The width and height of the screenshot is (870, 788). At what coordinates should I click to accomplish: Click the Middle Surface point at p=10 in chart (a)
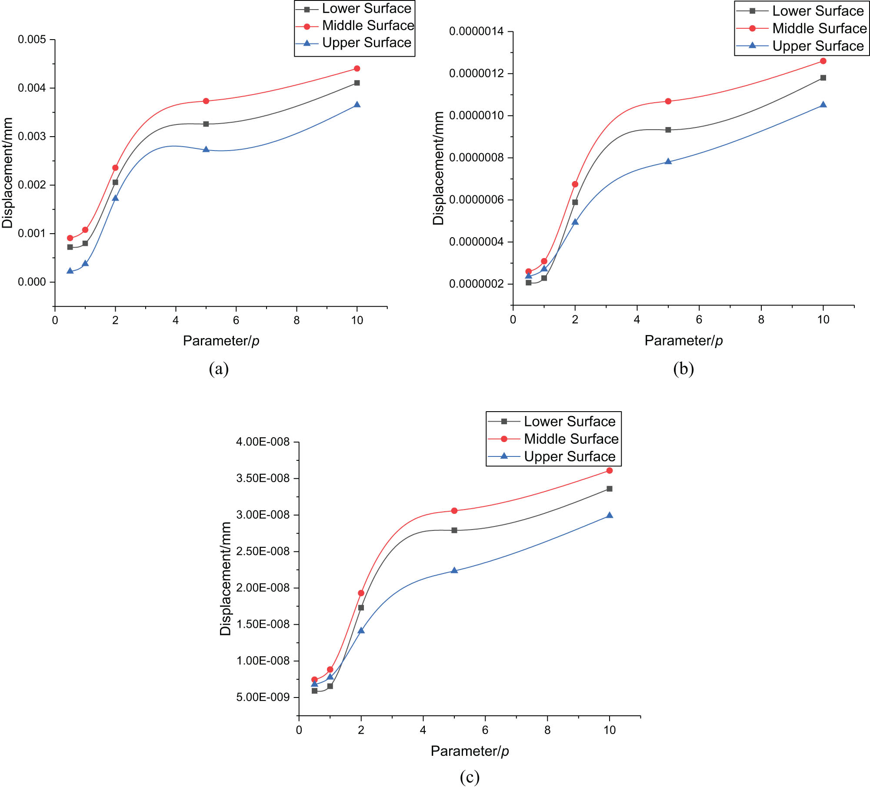[357, 68]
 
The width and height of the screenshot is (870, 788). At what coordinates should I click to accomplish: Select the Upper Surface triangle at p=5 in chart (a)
[206, 149]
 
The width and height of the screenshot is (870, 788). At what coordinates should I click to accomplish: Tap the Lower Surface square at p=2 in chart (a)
[115, 182]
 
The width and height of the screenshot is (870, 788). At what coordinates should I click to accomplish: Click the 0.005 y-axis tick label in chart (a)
[31, 40]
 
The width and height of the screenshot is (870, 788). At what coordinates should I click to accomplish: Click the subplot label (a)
[219, 369]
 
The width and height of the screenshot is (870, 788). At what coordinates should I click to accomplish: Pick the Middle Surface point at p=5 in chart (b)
[668, 101]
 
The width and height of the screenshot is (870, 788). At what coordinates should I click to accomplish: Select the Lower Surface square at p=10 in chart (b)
[823, 78]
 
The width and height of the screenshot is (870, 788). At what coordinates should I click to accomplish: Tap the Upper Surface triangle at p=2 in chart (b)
[575, 222]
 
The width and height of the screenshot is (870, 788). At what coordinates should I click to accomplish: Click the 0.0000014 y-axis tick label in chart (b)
[476, 31]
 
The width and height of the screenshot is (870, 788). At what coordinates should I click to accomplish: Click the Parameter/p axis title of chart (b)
[683, 340]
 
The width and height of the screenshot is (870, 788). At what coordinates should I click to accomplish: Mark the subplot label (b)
[683, 369]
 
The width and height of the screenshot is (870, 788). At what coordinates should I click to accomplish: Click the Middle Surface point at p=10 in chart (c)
[610, 470]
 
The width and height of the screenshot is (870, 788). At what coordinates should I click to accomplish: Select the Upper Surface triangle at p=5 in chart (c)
[454, 570]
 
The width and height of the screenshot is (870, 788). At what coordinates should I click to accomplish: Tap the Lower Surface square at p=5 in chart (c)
[454, 530]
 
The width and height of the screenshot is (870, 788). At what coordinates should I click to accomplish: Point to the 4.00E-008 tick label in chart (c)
[263, 442]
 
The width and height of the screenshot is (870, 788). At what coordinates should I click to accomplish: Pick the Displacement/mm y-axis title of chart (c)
[225, 579]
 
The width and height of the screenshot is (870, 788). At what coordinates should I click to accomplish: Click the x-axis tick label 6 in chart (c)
[485, 730]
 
